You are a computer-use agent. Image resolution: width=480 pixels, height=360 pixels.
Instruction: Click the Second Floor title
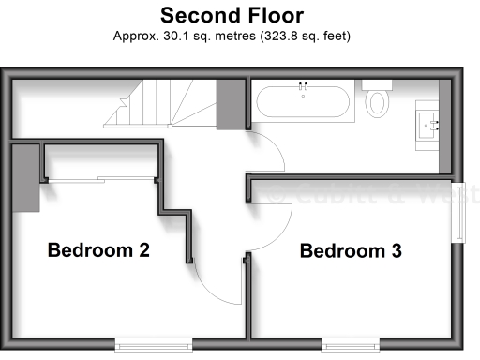tap(231, 15)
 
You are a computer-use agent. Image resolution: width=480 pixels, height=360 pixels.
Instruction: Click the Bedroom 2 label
tap(98, 250)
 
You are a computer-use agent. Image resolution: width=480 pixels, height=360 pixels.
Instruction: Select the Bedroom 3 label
tap(351, 250)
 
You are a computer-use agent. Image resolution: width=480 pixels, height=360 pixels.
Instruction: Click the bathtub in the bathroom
tap(303, 100)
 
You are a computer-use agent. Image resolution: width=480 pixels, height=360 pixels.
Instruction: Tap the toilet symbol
tap(379, 97)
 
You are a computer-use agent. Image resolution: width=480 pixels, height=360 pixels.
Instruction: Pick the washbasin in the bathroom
tap(431, 123)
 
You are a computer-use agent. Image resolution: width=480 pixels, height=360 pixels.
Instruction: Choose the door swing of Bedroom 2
tap(223, 281)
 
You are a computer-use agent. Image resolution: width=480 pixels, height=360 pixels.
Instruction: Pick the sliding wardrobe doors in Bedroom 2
tap(100, 177)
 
